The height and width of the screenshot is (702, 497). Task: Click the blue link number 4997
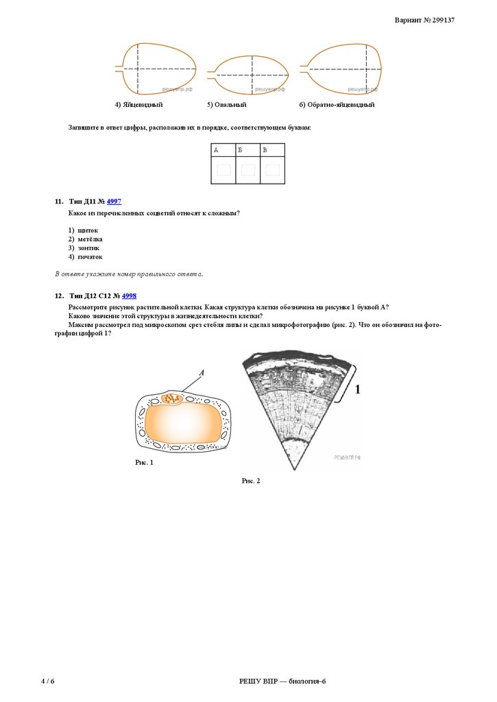click(x=114, y=202)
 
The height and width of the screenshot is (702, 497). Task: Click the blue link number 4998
click(x=129, y=296)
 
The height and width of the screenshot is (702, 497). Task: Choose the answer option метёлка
click(x=90, y=239)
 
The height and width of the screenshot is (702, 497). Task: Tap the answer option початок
click(x=90, y=257)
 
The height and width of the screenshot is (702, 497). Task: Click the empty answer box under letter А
click(x=223, y=170)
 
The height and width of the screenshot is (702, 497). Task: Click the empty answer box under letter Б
click(x=248, y=170)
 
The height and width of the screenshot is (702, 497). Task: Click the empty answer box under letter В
click(x=273, y=170)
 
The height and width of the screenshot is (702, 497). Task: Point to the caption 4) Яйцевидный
click(x=138, y=105)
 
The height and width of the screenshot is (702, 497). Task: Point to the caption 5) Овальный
click(x=227, y=105)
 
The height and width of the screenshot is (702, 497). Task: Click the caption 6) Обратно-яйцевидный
click(x=337, y=105)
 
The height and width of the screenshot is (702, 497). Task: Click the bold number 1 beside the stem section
click(x=357, y=389)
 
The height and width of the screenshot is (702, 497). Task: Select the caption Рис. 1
click(x=144, y=463)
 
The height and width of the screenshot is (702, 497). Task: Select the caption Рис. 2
click(x=251, y=481)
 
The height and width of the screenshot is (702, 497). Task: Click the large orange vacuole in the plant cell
click(x=183, y=424)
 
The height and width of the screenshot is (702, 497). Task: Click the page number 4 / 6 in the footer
click(x=47, y=681)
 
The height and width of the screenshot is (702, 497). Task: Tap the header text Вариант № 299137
click(x=424, y=20)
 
